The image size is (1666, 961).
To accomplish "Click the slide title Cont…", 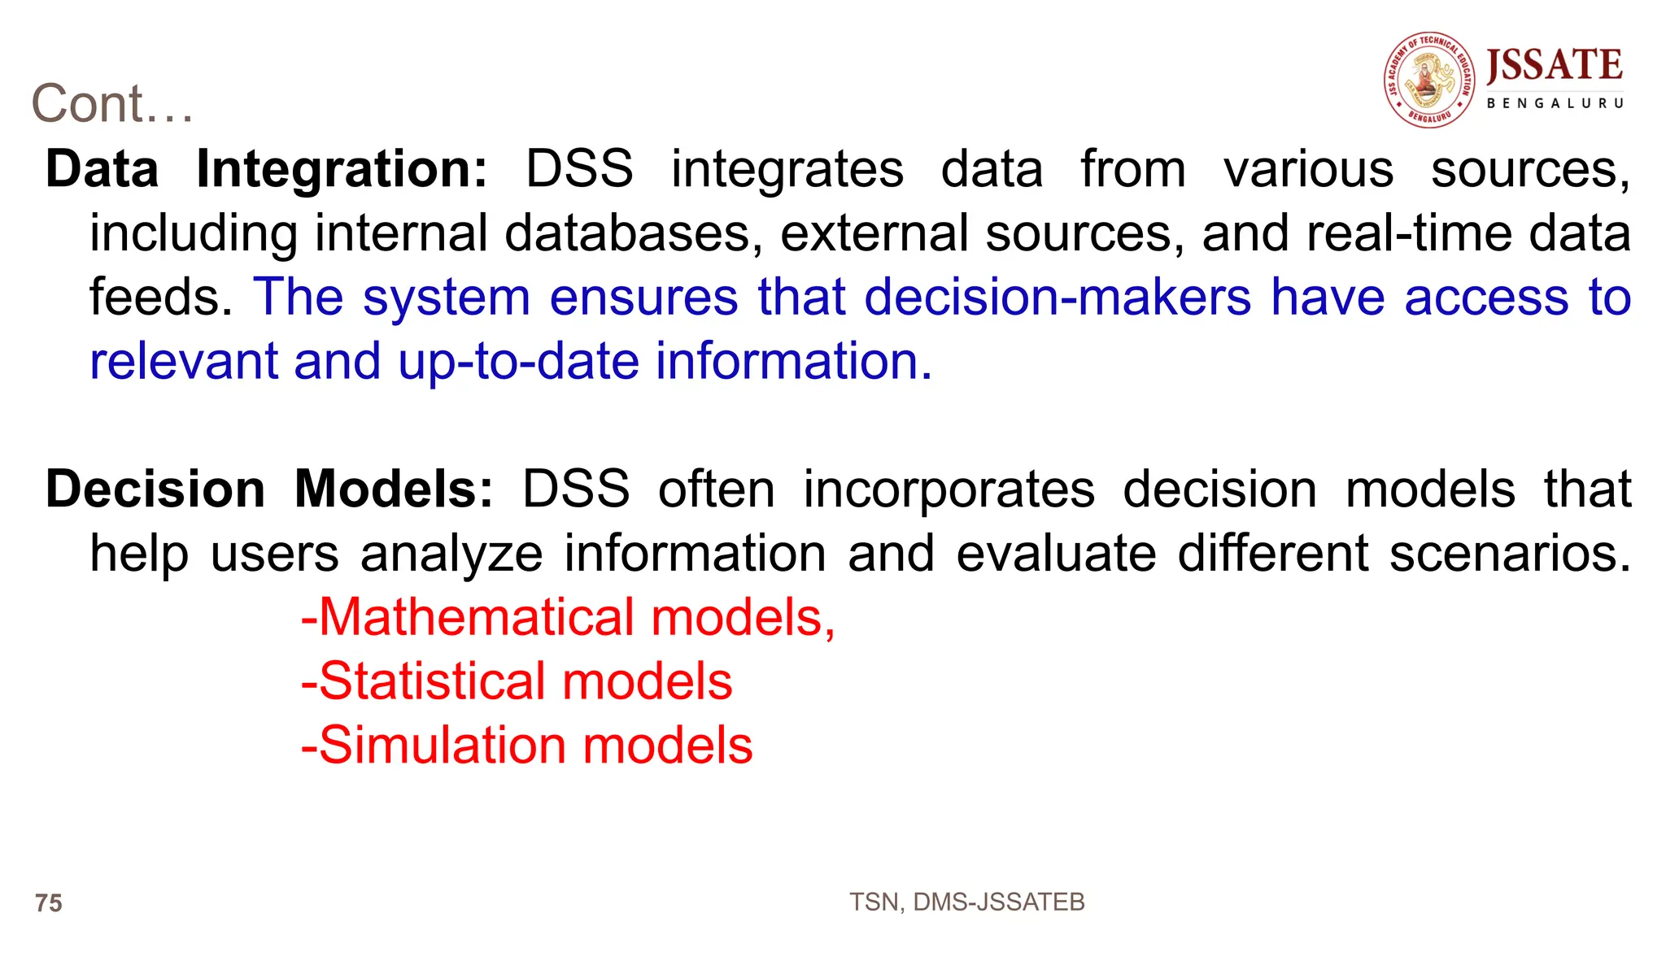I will tap(112, 104).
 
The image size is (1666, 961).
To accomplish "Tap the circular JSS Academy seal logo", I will tap(1429, 80).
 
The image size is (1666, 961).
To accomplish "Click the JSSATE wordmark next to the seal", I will tap(1554, 65).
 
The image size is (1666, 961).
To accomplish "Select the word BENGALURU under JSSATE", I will tap(1555, 103).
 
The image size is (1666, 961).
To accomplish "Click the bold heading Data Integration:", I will tap(266, 169).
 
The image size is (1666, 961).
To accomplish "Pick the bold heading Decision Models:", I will tap(269, 489).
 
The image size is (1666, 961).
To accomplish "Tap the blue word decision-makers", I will tap(1057, 297).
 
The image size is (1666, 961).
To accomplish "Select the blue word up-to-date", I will tap(518, 361).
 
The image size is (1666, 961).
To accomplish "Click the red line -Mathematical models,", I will tap(568, 617).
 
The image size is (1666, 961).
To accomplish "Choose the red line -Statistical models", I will tap(517, 681).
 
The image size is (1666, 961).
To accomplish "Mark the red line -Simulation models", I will tap(526, 746).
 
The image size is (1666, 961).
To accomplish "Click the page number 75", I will tap(49, 903).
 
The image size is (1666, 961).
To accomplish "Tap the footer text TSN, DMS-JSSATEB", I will tap(966, 902).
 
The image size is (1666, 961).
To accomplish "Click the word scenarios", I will tap(1509, 554).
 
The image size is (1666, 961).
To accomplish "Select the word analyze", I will tap(451, 554).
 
